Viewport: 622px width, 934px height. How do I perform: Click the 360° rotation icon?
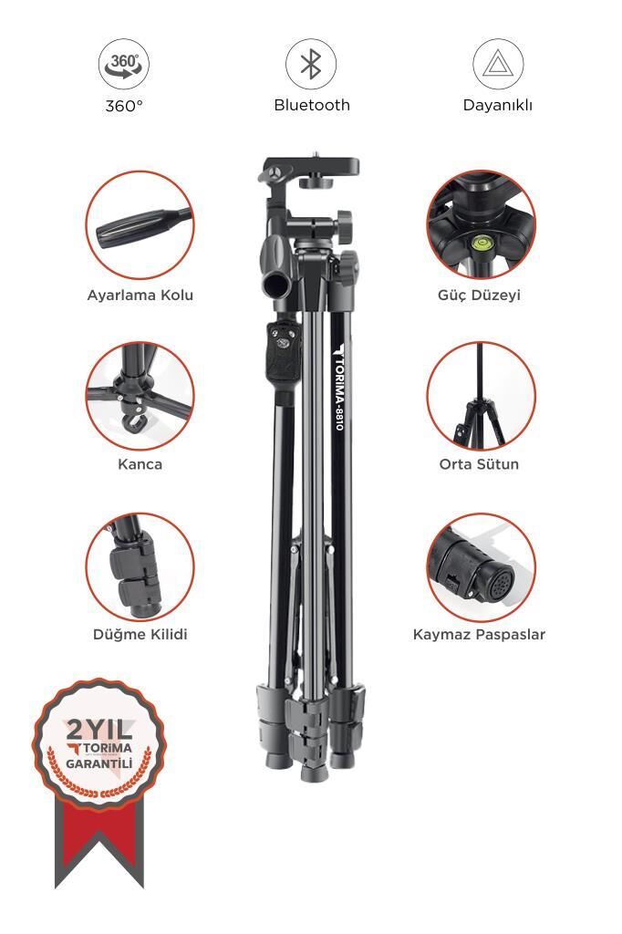pos(124,65)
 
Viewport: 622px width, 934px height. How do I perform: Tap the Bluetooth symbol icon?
pos(311,65)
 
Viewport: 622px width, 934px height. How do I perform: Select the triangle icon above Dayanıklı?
pos(497,65)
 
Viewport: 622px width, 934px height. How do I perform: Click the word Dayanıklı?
pos(497,105)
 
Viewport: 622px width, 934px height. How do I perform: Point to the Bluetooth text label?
pos(312,105)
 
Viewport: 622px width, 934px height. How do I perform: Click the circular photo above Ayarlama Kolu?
pos(140,225)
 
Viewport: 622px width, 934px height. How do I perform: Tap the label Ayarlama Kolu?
pos(140,296)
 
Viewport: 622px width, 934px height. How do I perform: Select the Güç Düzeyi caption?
pos(479,296)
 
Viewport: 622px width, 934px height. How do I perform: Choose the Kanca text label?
pos(140,464)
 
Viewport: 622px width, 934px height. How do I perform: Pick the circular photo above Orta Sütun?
pos(481,396)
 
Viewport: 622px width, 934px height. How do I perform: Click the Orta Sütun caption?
pos(479,464)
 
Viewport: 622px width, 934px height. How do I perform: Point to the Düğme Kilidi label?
pos(140,634)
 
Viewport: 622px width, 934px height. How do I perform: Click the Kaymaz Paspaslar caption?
pos(479,634)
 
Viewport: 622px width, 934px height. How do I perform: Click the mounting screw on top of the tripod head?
pos(316,156)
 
